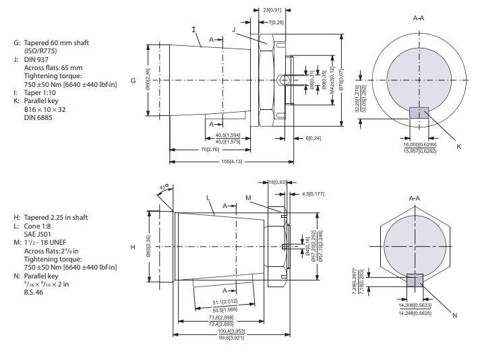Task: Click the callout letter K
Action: [458, 146]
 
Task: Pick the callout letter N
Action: [455, 316]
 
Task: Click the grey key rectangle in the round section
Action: [419, 113]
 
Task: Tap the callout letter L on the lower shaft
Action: [210, 196]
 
